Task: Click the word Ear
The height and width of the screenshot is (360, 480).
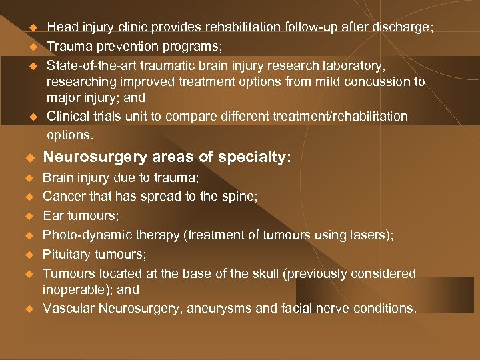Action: (x=53, y=216)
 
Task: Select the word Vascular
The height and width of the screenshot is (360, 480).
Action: (x=67, y=308)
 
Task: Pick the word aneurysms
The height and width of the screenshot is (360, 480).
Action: (x=221, y=308)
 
